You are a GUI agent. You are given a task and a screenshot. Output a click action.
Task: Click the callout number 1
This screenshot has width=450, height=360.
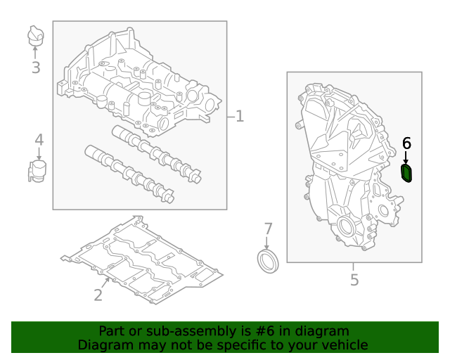pos(240,116)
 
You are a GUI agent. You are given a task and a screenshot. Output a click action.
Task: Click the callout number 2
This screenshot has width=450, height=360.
pos(98,295)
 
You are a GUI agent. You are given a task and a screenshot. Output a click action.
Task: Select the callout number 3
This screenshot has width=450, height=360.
pos(36,68)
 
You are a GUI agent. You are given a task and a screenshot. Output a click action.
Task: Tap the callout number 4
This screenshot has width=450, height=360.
pos(39,139)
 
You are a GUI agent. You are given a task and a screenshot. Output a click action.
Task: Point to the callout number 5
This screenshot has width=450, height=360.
pos(354,280)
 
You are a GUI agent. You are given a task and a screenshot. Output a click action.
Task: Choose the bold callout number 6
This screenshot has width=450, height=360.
pos(406,143)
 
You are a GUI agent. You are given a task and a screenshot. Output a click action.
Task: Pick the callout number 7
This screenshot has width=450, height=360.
pos(267,229)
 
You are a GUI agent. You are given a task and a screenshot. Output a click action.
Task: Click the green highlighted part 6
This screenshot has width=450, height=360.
pos(407,173)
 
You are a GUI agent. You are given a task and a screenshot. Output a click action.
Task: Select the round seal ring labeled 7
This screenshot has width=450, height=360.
pos(268,260)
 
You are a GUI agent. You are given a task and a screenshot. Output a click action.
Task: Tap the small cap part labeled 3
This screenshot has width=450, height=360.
pos(36,35)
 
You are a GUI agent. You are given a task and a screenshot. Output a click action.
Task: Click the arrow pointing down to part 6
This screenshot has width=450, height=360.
pos(406,157)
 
